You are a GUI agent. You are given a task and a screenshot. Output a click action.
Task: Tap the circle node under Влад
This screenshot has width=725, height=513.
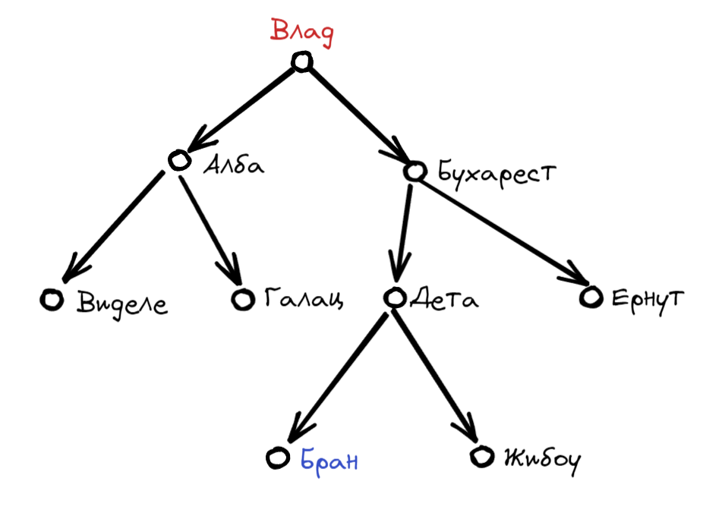(x=302, y=62)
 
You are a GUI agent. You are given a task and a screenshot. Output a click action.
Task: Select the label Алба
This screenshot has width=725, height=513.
(x=234, y=165)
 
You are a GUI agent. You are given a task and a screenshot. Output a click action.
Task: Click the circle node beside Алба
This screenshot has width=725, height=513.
(x=179, y=160)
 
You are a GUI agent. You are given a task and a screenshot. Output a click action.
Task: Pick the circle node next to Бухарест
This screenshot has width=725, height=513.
(x=415, y=172)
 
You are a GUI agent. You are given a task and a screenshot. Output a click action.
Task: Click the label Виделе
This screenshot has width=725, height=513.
(x=122, y=304)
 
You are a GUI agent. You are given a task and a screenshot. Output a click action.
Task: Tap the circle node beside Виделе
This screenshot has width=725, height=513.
(x=51, y=300)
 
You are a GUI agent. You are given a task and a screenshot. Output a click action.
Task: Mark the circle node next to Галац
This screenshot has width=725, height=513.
(x=243, y=299)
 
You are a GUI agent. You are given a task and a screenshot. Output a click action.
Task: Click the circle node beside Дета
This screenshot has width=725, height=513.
(x=394, y=297)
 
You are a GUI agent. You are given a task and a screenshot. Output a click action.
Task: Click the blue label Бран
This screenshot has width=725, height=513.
(x=329, y=460)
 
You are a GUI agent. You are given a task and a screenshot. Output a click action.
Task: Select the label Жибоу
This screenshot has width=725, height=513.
(x=541, y=458)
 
